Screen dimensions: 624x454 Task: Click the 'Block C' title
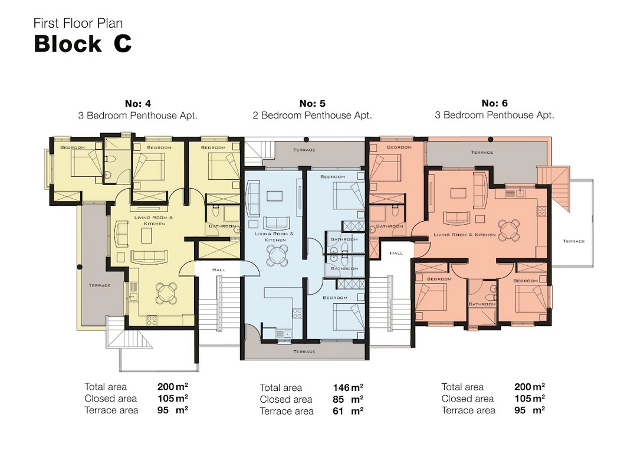pyautogui.click(x=83, y=44)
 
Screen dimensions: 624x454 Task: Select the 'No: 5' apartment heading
pyautogui.click(x=313, y=103)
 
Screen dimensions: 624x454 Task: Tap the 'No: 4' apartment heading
pyautogui.click(x=137, y=103)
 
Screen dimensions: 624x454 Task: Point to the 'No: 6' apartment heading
pyautogui.click(x=495, y=103)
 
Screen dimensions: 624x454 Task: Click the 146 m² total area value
pyautogui.click(x=348, y=387)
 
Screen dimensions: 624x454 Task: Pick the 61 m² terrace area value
pyautogui.click(x=348, y=410)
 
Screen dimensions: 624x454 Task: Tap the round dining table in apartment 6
pyautogui.click(x=509, y=230)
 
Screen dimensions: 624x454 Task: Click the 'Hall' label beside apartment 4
pyautogui.click(x=218, y=270)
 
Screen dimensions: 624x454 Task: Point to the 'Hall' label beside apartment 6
pyautogui.click(x=396, y=253)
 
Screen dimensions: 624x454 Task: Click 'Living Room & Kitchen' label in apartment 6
pyautogui.click(x=465, y=235)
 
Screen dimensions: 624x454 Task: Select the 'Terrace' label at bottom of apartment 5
pyautogui.click(x=304, y=351)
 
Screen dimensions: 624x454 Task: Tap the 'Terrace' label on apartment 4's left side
pyautogui.click(x=100, y=285)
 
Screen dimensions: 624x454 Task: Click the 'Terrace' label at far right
pyautogui.click(x=574, y=241)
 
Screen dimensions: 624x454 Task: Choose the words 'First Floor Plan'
pyautogui.click(x=78, y=24)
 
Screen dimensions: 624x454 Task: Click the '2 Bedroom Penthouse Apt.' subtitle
pyautogui.click(x=313, y=116)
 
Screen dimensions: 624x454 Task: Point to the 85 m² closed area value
pyautogui.click(x=348, y=399)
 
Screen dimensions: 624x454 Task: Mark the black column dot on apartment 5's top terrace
pyautogui.click(x=306, y=140)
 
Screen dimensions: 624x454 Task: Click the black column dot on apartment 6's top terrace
pyautogui.click(x=490, y=139)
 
